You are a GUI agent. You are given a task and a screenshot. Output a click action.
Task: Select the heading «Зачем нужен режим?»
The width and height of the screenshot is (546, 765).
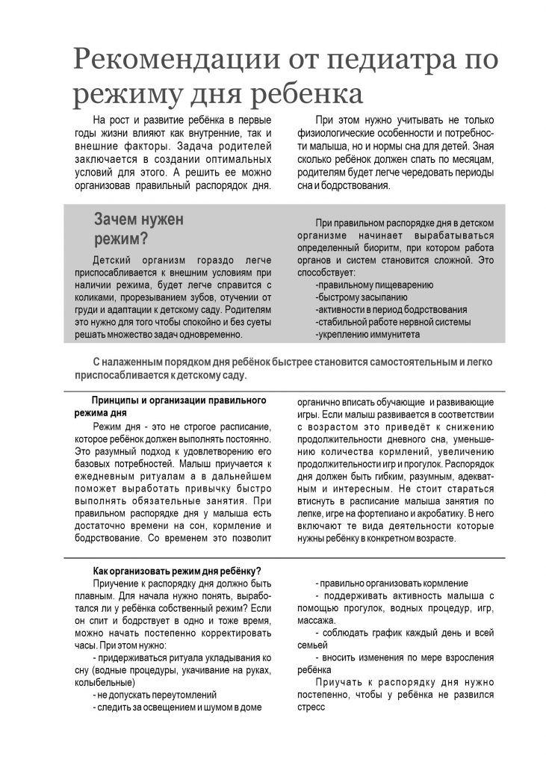[139, 229]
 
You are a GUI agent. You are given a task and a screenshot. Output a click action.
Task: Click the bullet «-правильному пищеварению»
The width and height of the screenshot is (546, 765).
[374, 285]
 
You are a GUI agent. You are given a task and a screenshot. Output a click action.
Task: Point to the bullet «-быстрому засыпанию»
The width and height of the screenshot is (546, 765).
[362, 297]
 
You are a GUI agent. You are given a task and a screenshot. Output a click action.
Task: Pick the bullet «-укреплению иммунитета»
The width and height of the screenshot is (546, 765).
[367, 335]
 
